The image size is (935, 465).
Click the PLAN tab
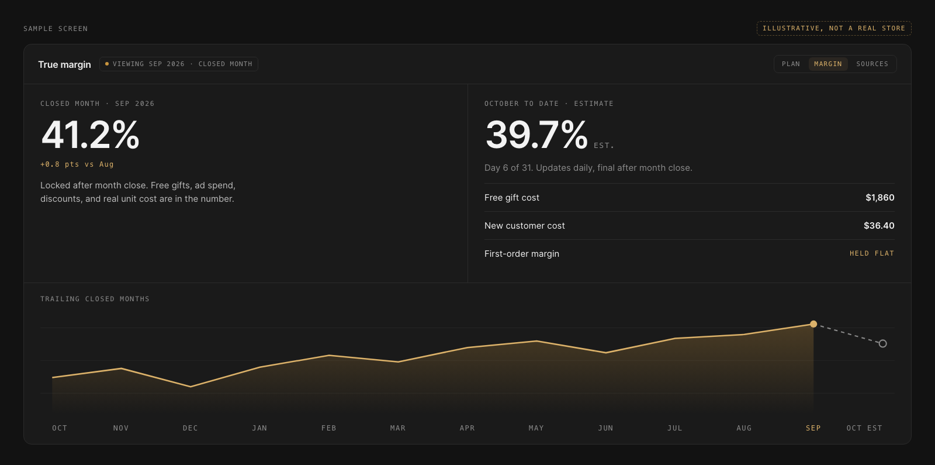pyautogui.click(x=791, y=64)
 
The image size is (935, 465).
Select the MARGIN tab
pyautogui.click(x=827, y=64)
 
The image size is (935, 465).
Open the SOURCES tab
pyautogui.click(x=872, y=64)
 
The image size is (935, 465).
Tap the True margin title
pyautogui.click(x=64, y=64)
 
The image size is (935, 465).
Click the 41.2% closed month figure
pyautogui.click(x=90, y=135)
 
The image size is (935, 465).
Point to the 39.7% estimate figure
pyautogui.click(x=536, y=135)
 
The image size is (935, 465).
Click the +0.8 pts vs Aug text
pyautogui.click(x=77, y=164)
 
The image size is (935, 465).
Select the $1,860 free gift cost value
pyautogui.click(x=880, y=198)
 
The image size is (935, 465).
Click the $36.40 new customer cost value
pyautogui.click(x=879, y=226)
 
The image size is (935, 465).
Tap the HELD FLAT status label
pyautogui.click(x=872, y=253)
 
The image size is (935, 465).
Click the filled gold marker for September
pyautogui.click(x=813, y=324)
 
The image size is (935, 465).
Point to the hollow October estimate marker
pyautogui.click(x=882, y=343)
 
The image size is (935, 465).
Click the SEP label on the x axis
pyautogui.click(x=813, y=428)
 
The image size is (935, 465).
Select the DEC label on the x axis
pyautogui.click(x=191, y=428)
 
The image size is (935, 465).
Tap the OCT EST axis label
pyautogui.click(x=864, y=428)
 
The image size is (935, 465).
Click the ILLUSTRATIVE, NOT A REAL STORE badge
pyautogui.click(x=834, y=29)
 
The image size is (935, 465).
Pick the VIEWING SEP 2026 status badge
pyautogui.click(x=179, y=64)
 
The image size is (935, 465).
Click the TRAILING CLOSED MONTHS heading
pyautogui.click(x=95, y=299)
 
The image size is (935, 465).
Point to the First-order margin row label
pyautogui.click(x=522, y=254)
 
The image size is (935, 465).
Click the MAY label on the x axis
pyautogui.click(x=536, y=428)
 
